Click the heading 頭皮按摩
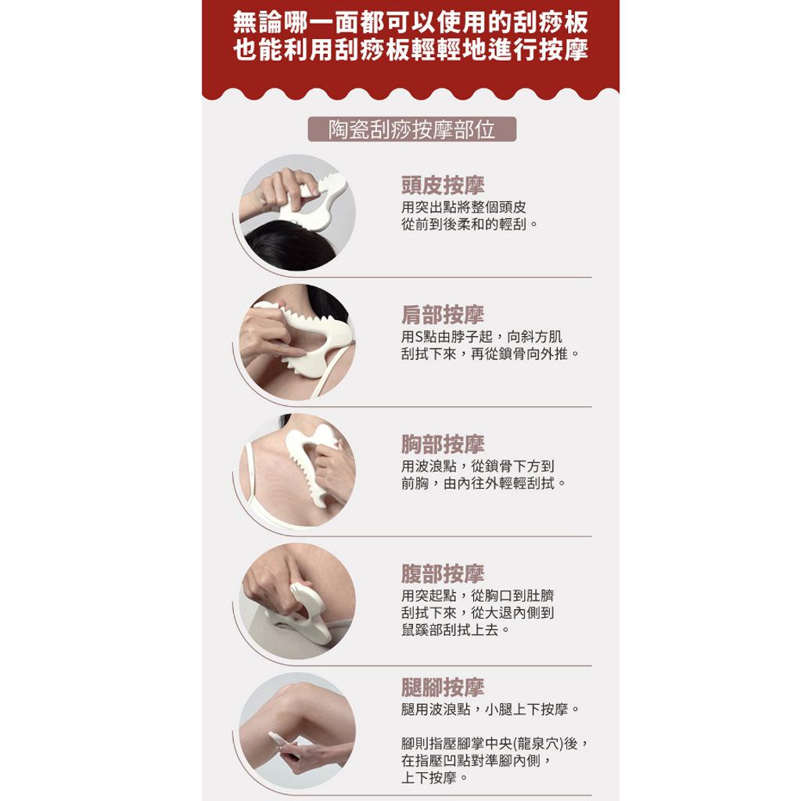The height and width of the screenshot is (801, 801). pos(443,185)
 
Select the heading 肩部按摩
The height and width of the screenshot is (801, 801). pos(443,314)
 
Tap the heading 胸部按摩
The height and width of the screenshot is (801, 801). pos(443,444)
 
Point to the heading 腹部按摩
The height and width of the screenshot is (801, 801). pos(443,573)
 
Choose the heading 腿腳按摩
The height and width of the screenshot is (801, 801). pos(443,687)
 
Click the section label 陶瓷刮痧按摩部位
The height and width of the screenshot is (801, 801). pos(411,129)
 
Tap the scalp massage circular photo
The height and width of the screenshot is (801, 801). pos(297,213)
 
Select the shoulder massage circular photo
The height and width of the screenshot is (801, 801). pos(297,342)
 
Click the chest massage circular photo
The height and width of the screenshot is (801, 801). pos(297,471)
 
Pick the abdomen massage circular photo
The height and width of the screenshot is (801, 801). pos(297,601)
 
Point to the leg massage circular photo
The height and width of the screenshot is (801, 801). pos(297,731)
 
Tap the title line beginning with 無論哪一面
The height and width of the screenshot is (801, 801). pos(411,22)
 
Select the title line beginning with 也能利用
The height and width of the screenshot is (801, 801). pos(411,50)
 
